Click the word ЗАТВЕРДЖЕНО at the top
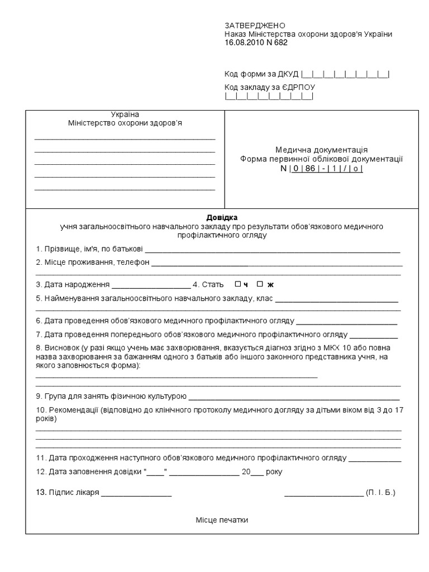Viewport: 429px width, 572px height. (255, 26)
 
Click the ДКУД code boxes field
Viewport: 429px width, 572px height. (345, 74)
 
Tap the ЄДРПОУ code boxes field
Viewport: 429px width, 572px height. (269, 97)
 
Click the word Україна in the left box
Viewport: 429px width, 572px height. (125, 115)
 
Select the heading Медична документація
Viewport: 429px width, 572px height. (321, 150)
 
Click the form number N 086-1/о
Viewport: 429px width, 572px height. (322, 168)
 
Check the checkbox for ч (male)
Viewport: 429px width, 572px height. (237, 284)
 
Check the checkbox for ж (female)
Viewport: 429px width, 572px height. (259, 284)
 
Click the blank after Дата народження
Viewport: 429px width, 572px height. (151, 285)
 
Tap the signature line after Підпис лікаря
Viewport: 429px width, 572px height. (136, 494)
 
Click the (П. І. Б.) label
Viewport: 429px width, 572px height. (380, 493)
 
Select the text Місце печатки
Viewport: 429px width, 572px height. (222, 520)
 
